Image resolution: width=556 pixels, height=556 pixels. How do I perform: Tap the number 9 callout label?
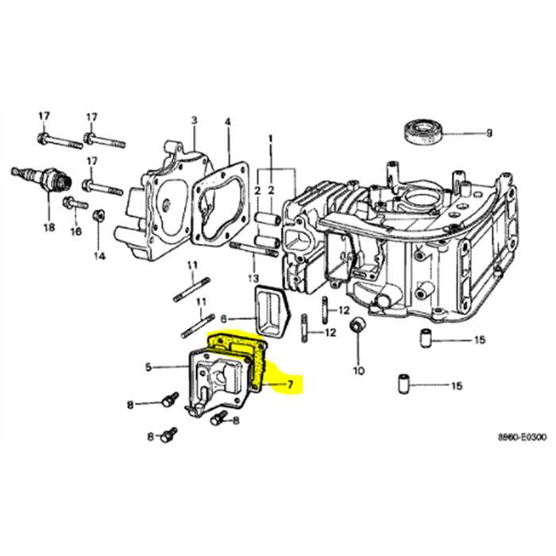coord(488,133)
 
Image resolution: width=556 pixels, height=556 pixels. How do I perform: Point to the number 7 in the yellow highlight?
coord(290,385)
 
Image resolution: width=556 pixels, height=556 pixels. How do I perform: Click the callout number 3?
coord(192,120)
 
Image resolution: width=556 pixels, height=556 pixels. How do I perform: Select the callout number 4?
coord(227,122)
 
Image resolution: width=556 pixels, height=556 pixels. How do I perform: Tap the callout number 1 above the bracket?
coord(269,138)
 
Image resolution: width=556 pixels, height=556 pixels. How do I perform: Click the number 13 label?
coord(253,277)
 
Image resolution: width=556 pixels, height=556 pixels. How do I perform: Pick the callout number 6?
coord(223,317)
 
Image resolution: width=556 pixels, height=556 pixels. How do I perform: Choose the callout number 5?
coord(149,367)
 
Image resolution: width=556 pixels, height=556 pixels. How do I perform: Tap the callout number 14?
coord(99,256)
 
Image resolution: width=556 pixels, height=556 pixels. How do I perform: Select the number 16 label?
coord(75,232)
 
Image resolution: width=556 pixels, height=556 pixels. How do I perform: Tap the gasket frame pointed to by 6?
coord(270,306)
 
